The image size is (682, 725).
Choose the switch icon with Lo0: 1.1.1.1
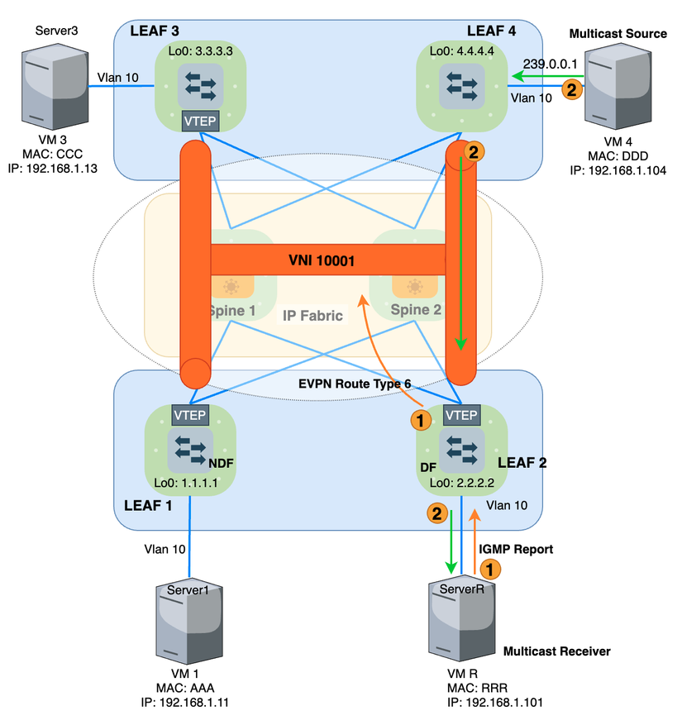190,450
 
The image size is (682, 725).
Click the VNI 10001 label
322,261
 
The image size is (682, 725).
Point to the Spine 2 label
411,310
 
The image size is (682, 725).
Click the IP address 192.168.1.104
618,170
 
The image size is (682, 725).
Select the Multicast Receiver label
556,651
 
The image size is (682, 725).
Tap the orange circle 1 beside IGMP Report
490,569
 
